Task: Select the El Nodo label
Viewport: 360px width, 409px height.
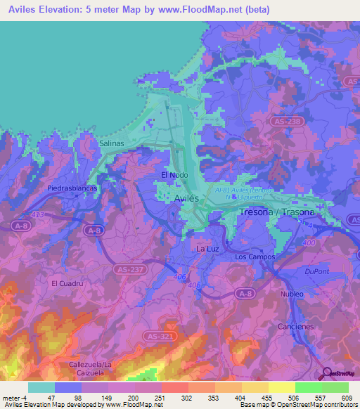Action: tap(174, 175)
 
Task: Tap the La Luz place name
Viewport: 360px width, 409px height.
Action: tap(208, 249)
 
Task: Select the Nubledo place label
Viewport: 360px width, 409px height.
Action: tap(291, 294)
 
